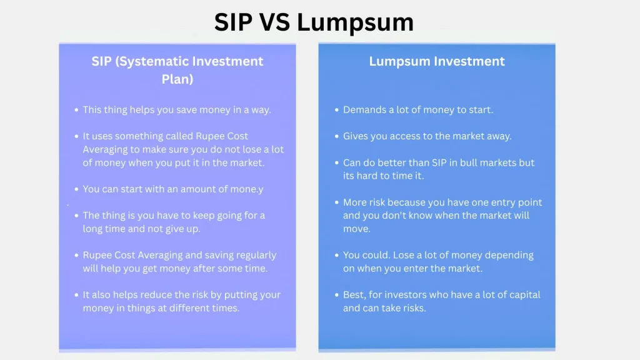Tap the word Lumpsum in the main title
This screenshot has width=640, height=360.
(x=355, y=22)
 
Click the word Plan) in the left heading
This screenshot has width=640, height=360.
(x=177, y=79)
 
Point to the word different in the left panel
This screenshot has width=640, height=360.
(x=184, y=308)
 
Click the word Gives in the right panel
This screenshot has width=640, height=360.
(x=356, y=136)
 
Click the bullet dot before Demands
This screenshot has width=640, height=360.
(x=337, y=110)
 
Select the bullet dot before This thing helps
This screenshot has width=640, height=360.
(x=77, y=110)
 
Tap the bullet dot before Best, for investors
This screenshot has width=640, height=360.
(x=337, y=294)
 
